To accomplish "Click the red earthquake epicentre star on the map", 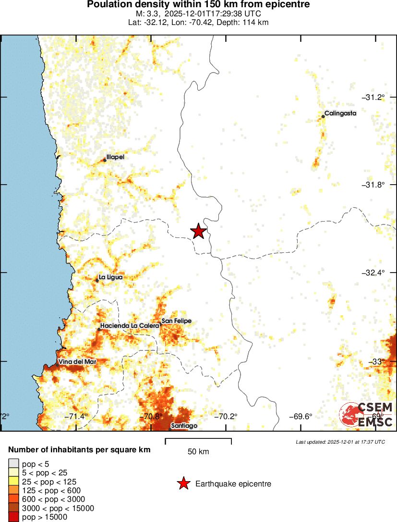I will tap(198, 231).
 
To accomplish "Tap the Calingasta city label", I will tap(340, 114).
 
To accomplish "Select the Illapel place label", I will tap(115, 157).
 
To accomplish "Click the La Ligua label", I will tap(110, 277).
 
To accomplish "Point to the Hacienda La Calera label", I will tap(130, 325).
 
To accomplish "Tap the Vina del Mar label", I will tap(76, 361).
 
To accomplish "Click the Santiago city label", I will tap(184, 426).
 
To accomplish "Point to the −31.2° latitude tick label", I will tap(373, 97).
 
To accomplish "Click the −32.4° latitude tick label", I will tap(373, 273).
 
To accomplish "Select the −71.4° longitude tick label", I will tap(76, 416).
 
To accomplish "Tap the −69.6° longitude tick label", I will tap(301, 416).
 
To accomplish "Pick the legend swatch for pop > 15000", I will tap(13, 517).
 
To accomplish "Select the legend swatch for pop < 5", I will tap(13, 464).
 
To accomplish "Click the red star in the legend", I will tap(183, 484).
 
